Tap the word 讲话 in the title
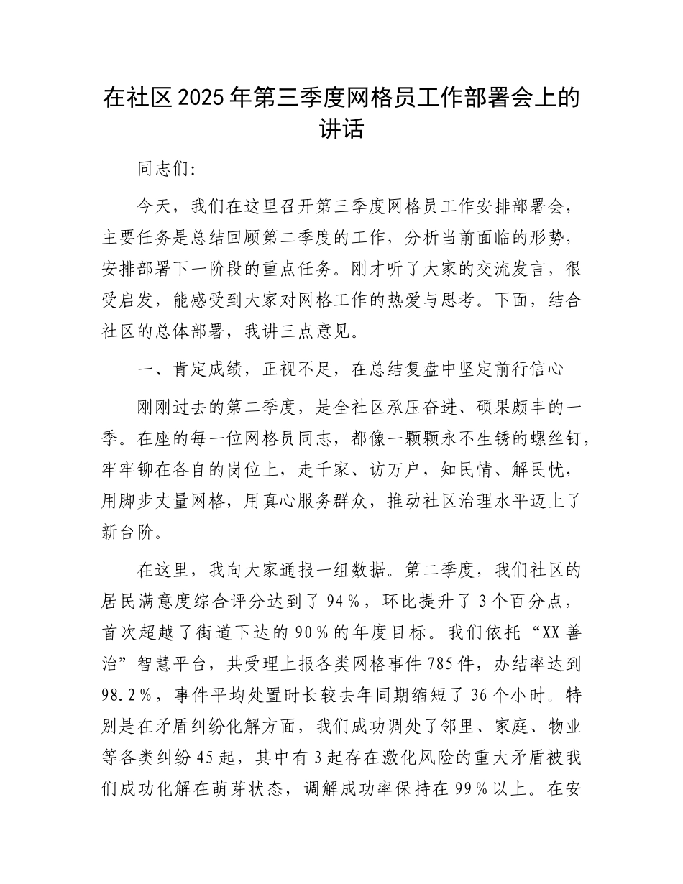tap(341, 130)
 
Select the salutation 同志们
tap(163, 170)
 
